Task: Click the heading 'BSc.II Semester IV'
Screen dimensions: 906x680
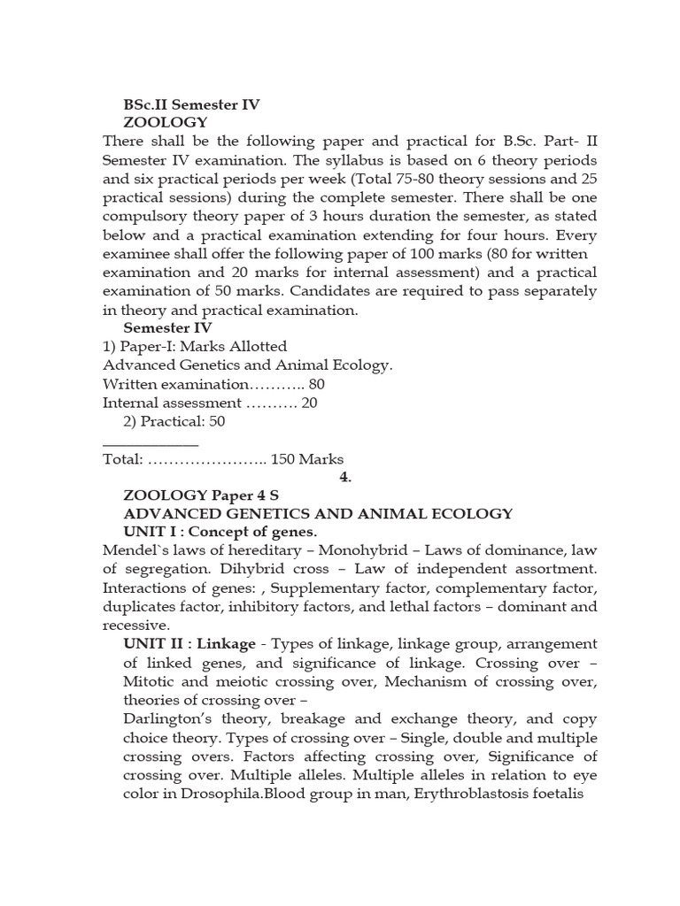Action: pos(191,104)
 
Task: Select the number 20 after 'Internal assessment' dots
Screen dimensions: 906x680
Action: pos(309,403)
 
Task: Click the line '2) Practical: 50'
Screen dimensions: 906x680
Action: pos(174,421)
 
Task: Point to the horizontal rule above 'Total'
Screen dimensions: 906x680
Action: pos(151,444)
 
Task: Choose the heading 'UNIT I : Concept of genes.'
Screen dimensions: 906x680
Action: pos(220,532)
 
